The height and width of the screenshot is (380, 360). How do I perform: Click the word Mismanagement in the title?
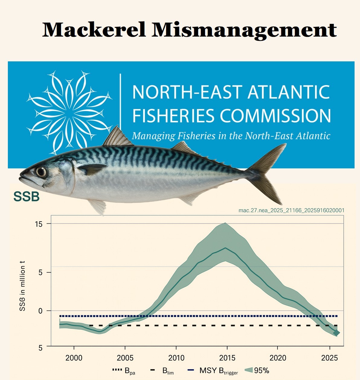pos(244,30)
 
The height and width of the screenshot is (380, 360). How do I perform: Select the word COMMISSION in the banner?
pos(275,116)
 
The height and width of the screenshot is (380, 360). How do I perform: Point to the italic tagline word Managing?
pos(153,136)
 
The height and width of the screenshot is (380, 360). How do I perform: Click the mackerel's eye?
pos(41,172)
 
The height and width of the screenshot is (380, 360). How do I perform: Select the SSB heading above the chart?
pos(27,197)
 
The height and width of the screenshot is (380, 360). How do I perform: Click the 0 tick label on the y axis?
pos(40,310)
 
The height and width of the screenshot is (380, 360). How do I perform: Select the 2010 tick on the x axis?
pos(176,358)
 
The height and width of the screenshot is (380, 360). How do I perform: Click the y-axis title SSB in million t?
pos(22,286)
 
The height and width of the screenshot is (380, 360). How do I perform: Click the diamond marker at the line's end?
pos(336,333)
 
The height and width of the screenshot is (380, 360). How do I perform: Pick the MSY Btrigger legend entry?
pos(213,371)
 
